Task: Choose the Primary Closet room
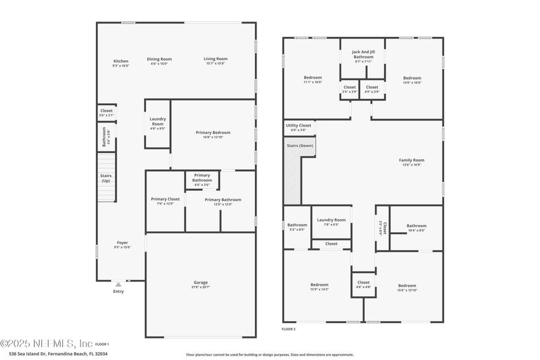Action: (x=165, y=201)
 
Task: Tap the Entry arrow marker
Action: (x=118, y=284)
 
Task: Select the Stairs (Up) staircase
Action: (x=106, y=178)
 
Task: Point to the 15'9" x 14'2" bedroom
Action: (x=319, y=287)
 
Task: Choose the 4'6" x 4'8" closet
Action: (x=364, y=284)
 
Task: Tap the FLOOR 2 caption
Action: (x=289, y=329)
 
